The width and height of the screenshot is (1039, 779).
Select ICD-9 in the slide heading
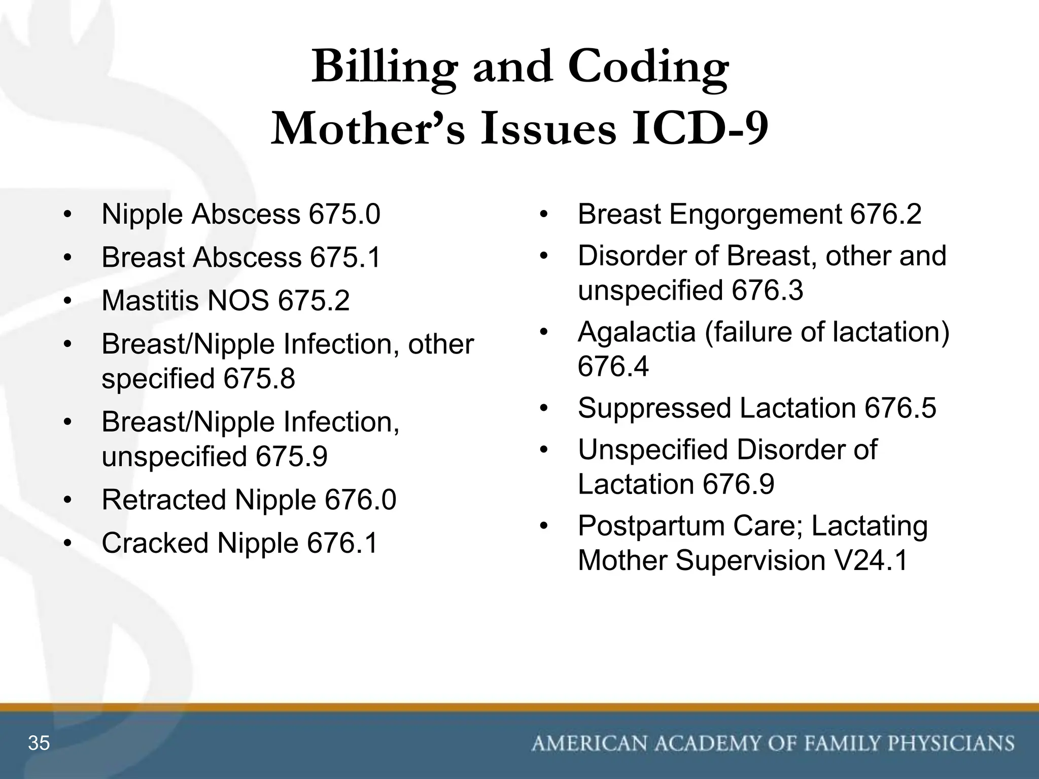[700, 129]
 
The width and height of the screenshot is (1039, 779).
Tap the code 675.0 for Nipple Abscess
[344, 214]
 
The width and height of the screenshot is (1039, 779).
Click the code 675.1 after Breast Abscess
[345, 257]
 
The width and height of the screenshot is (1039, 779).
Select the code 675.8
[259, 378]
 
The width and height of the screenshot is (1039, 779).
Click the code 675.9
[291, 456]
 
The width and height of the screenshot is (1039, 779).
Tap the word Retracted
[163, 500]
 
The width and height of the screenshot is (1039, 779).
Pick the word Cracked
[155, 543]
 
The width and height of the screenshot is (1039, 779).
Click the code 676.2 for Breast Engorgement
[885, 214]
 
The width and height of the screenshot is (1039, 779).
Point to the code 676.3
[768, 291]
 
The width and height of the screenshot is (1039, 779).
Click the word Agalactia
[636, 332]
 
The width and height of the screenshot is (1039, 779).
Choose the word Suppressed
[654, 409]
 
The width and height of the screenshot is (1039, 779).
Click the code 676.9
[739, 484]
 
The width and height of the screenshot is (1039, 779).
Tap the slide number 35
[39, 743]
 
